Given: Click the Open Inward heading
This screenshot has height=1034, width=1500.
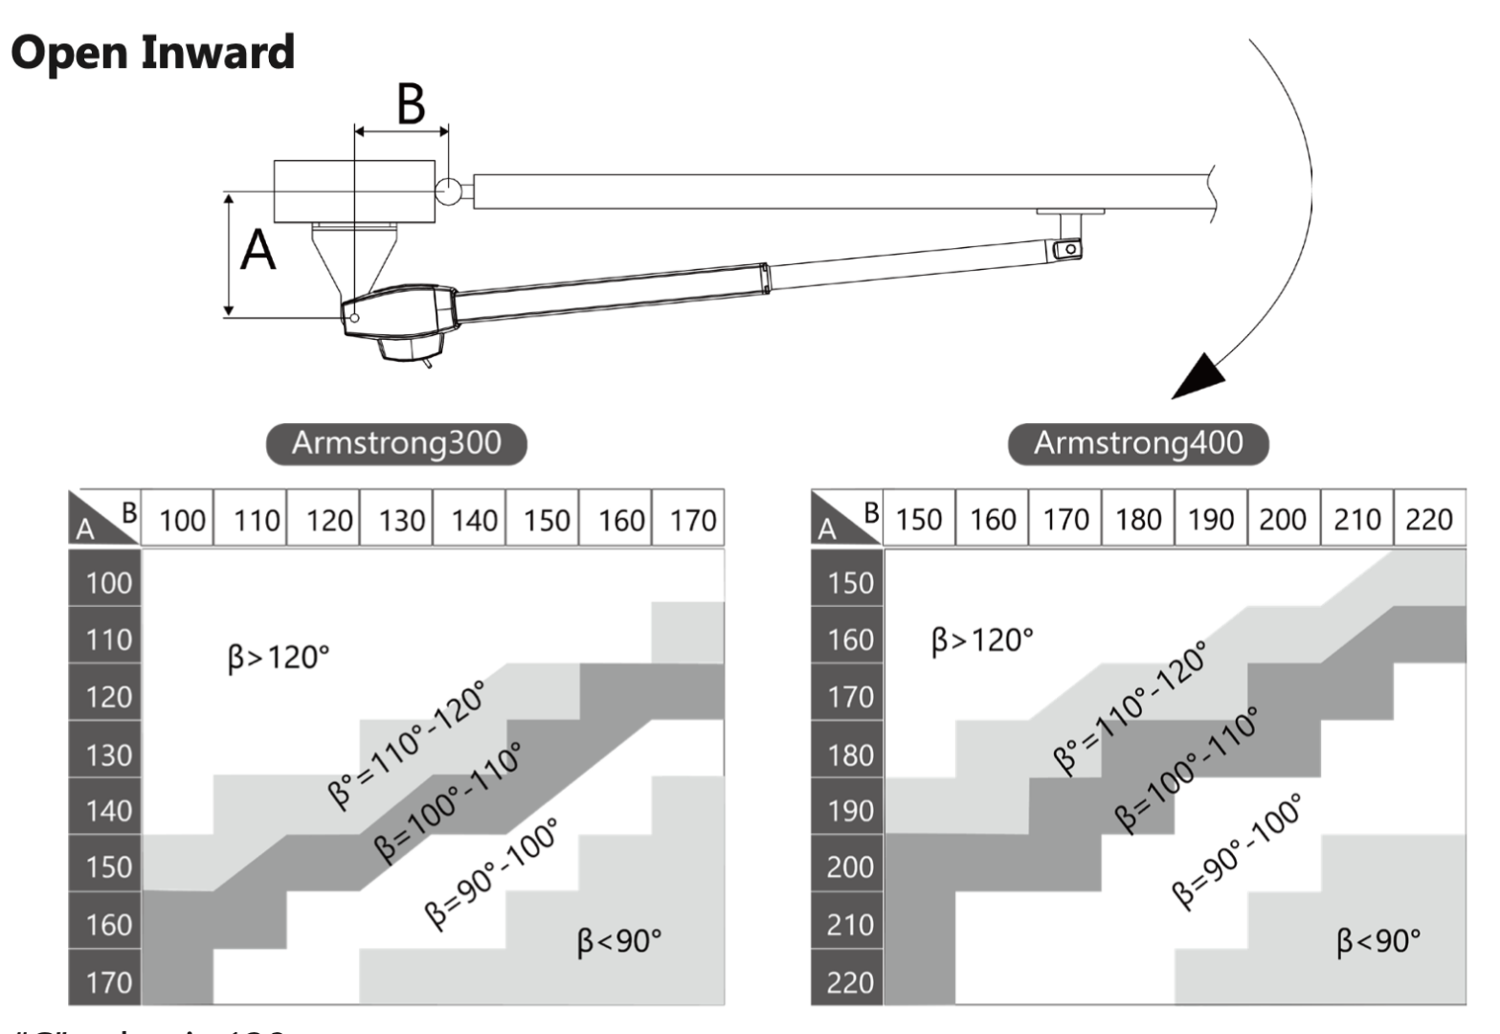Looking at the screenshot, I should pos(152,53).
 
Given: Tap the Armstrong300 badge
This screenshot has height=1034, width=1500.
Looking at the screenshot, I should pos(396,443).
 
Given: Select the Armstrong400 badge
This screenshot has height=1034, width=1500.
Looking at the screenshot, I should pos(1138,443).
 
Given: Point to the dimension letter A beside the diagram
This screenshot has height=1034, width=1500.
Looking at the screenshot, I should pos(257,252).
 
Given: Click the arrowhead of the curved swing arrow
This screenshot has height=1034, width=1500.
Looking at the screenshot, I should pos(1200,375).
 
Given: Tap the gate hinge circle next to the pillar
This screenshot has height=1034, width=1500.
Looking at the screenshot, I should pos(448,191).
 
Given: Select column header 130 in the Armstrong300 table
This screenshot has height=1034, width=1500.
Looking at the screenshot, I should pos(401,521).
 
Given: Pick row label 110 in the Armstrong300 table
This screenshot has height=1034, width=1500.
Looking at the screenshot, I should pos(108,640).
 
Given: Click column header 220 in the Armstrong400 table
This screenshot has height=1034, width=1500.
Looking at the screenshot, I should pos(1428,520).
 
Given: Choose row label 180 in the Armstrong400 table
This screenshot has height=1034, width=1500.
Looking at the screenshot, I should pos(850,754).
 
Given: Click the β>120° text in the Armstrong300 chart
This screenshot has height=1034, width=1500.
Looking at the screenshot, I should pos(279,658).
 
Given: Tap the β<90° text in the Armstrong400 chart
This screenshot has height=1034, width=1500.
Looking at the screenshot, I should pos(1377,941).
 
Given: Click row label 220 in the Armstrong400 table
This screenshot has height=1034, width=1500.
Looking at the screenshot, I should pos(850,982).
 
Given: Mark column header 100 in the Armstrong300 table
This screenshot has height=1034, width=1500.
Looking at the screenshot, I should pos(182,521).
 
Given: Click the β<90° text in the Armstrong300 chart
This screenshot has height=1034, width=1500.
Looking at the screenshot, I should pos(618,941).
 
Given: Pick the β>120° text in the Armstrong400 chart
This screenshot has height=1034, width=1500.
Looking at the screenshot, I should pos(982,640).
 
